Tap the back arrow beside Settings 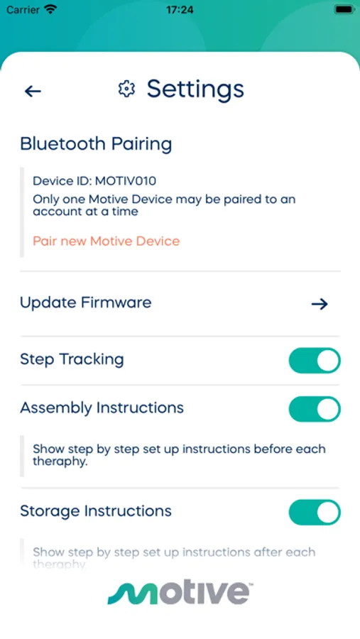pos(33,92)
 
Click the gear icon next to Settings pos(126,89)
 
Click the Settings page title pos(195,89)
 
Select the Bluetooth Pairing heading pos(96,144)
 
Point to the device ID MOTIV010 pos(126,181)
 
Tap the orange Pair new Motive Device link pos(106,241)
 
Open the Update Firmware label pos(86,302)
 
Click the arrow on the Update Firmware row pos(320,304)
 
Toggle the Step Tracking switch pos(315,361)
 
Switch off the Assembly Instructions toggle pos(315,409)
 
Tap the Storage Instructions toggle pos(315,512)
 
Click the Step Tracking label pos(72,360)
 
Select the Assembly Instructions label pos(102,408)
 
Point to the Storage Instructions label pos(96,511)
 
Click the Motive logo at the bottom pos(180,593)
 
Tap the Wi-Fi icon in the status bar pos(50,9)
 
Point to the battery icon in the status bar pos(344,9)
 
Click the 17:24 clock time pos(180,10)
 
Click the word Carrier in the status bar pos(23,10)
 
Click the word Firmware pos(116,302)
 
